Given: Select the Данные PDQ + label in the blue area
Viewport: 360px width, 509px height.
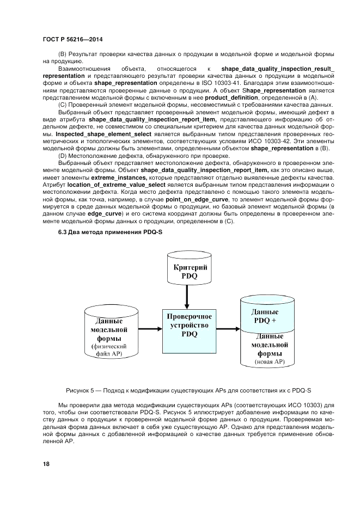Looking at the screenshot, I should coord(266,316).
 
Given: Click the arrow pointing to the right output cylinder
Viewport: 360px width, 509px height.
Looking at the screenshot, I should coord(225,327).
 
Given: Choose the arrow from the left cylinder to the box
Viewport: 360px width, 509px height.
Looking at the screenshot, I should coord(147,328).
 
